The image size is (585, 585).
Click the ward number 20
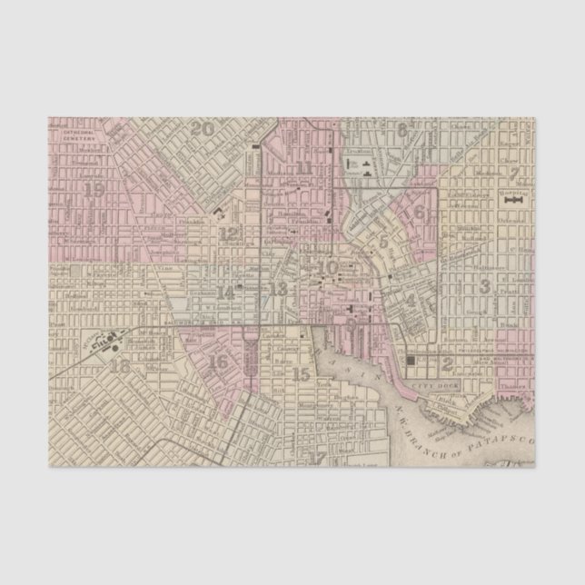[203, 129]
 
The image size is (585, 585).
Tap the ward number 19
[94, 190]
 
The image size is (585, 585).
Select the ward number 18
[119, 367]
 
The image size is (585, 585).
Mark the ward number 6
[421, 212]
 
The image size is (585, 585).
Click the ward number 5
[384, 242]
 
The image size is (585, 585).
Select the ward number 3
[485, 286]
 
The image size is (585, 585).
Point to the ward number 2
[447, 363]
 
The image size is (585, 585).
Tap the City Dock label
[425, 385]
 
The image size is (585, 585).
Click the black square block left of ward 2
[413, 361]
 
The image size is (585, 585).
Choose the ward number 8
[401, 130]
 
